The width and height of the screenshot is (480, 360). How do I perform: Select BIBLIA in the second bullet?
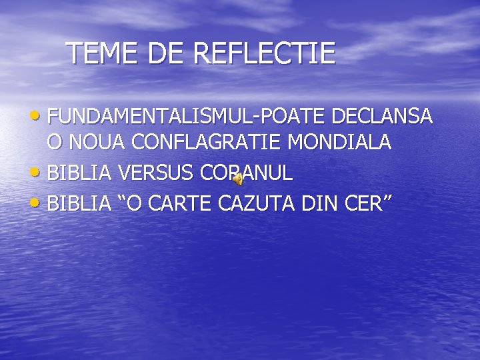pos(80,173)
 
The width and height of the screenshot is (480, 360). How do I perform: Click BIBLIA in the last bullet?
pos(80,203)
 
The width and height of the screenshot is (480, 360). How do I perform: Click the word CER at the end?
pos(365,203)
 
